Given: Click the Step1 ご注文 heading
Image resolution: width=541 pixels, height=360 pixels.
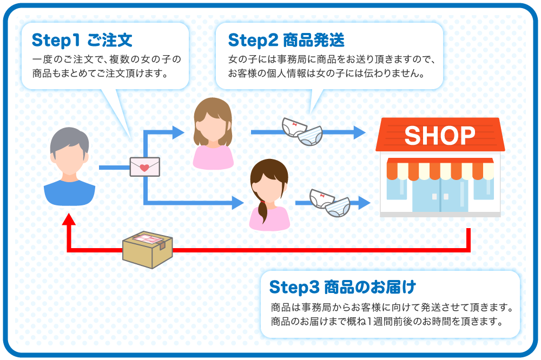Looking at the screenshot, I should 82,40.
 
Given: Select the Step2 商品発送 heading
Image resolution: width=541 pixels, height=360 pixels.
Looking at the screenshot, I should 286,40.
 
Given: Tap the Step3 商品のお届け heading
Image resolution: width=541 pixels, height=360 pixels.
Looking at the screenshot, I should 342,285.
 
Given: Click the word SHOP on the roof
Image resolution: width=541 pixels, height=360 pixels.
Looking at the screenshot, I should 439,135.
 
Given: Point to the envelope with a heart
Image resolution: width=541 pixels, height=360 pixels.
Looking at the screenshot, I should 145,166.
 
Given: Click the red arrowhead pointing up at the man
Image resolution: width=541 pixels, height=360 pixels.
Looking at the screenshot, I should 69,219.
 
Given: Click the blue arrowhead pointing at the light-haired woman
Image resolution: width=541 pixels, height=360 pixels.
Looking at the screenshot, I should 179,132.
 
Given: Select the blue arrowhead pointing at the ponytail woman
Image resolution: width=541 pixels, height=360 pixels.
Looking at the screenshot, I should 238,203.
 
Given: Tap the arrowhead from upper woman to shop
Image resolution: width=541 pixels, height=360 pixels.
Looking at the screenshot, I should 360,132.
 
